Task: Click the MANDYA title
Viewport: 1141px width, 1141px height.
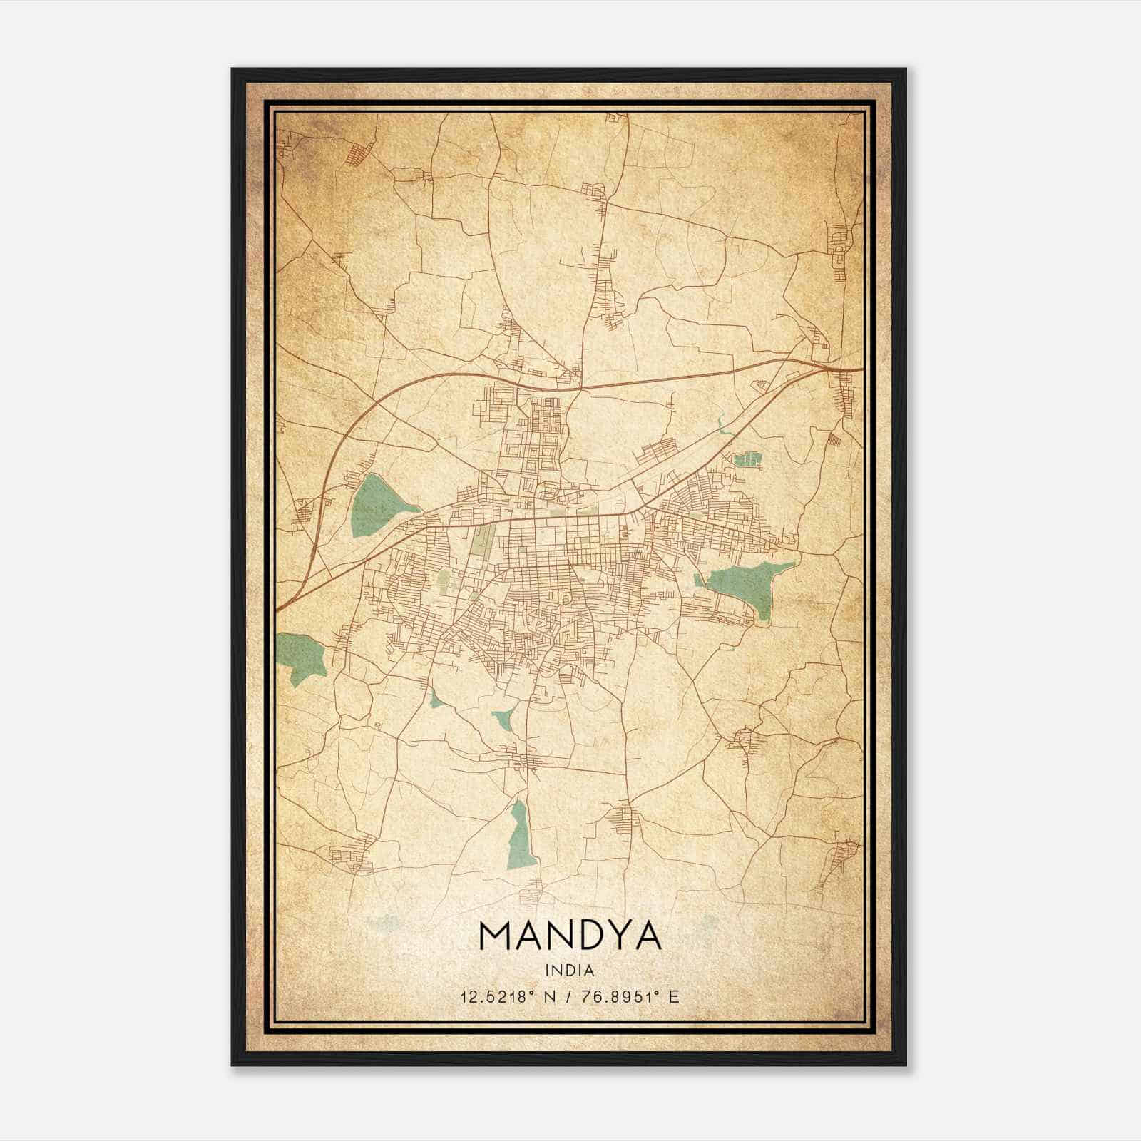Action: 570,936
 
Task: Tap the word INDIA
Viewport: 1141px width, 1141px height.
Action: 570,971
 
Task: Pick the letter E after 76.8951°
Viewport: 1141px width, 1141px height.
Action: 674,996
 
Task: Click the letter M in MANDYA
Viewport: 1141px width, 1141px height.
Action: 497,936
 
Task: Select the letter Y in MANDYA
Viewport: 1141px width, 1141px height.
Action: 613,936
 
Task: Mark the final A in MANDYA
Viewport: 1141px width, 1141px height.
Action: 646,936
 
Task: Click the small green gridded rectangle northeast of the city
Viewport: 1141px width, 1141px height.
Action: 747,459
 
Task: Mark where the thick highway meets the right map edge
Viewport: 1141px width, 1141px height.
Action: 861,369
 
